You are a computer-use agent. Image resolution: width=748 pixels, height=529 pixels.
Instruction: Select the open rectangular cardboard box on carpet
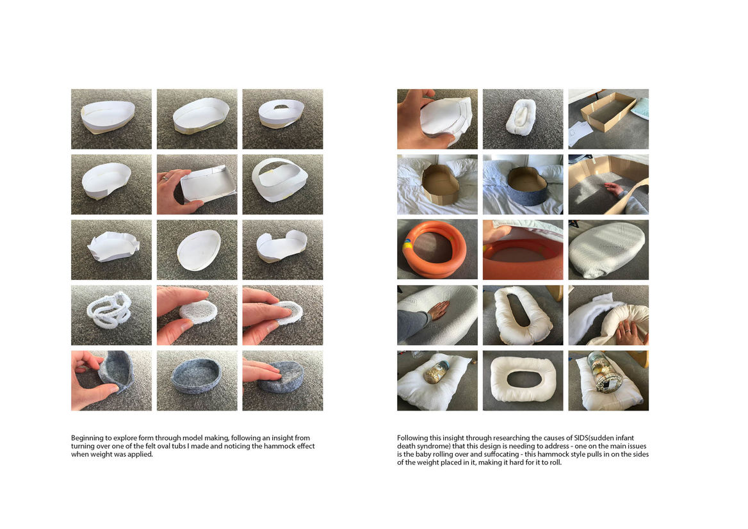607,111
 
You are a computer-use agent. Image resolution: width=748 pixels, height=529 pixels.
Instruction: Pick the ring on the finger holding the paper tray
165,178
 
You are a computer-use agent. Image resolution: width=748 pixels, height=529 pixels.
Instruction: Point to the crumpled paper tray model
113,248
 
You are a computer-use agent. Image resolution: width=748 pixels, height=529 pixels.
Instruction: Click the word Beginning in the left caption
87,438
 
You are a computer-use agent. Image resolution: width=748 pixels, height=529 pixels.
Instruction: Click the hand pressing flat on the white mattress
438,311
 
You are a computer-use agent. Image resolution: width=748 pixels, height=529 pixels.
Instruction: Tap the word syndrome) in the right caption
432,446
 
